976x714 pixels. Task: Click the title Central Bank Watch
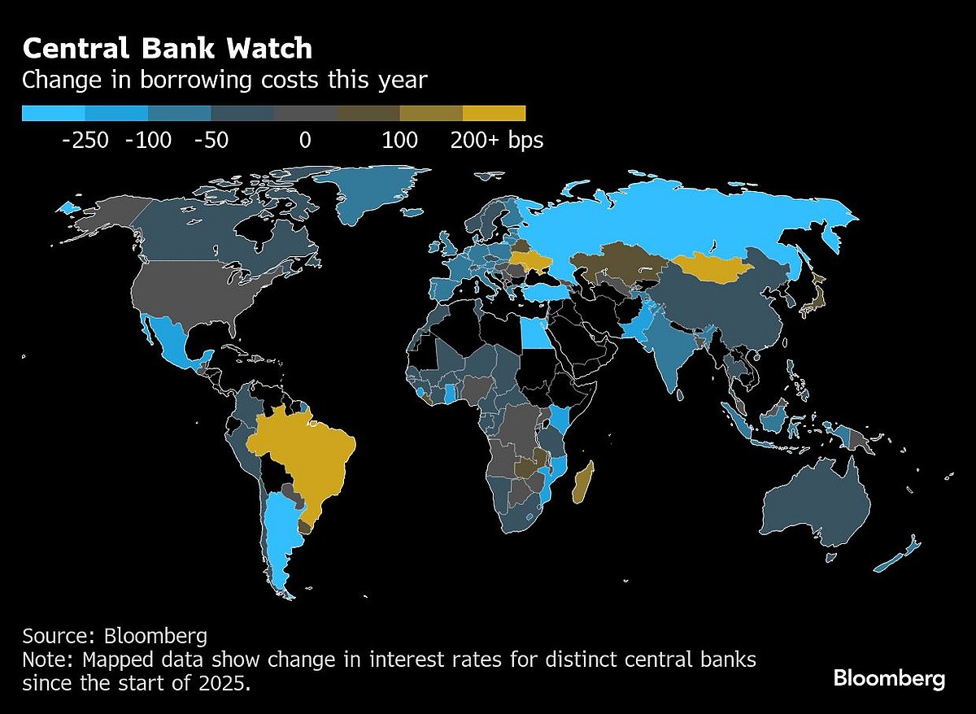pos(167,49)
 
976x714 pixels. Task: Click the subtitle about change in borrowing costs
pos(224,81)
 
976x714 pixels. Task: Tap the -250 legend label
pos(85,140)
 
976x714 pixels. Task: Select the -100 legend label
pos(148,140)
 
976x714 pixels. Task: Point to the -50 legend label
pos(211,140)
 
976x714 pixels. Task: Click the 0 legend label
pos(305,140)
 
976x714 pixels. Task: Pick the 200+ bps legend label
pos(496,140)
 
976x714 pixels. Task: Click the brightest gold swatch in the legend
pos(494,113)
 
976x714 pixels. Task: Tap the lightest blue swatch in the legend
pos(53,113)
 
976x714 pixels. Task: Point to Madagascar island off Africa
pos(583,482)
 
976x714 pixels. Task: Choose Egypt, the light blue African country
pos(534,333)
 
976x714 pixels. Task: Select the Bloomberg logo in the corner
pos(889,678)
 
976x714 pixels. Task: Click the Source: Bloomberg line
pos(115,635)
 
